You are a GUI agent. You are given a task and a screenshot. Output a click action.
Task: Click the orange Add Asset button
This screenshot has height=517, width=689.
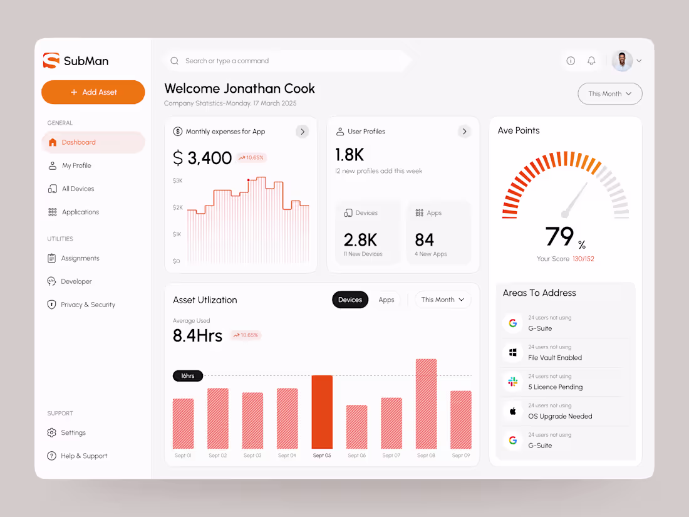93,92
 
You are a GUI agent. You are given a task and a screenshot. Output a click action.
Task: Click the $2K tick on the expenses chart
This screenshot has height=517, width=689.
177,207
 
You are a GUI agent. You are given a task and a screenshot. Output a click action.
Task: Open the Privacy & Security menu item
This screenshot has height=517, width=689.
88,305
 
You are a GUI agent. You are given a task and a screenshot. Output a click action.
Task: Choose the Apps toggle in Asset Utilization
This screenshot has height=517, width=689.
386,300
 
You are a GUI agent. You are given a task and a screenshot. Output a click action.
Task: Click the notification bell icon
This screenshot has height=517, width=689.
591,61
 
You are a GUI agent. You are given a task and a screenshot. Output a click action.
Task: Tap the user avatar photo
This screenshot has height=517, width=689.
621,61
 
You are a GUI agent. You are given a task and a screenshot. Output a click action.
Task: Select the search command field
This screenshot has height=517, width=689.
288,61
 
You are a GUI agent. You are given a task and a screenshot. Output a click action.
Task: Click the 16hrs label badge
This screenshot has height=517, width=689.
188,376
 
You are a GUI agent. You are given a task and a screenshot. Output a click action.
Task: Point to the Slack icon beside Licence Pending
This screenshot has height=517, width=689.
512,382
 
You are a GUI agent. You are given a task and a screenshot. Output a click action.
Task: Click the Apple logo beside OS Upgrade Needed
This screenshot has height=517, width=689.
512,411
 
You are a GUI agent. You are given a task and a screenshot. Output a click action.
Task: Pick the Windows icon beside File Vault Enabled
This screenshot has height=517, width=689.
512,353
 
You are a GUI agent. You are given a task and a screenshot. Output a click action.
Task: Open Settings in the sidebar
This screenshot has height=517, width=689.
73,432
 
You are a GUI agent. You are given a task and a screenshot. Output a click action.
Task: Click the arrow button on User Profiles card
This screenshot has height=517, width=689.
464,132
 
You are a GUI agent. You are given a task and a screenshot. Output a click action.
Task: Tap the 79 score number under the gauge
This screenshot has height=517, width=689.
559,237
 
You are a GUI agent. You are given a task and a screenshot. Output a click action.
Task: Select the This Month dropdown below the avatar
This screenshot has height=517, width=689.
609,94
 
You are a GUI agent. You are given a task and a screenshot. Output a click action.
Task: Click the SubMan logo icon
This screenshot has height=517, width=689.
51,61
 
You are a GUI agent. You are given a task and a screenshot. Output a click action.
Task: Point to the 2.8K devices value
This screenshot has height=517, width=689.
360,239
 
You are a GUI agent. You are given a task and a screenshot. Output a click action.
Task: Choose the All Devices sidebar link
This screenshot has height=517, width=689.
78,189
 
